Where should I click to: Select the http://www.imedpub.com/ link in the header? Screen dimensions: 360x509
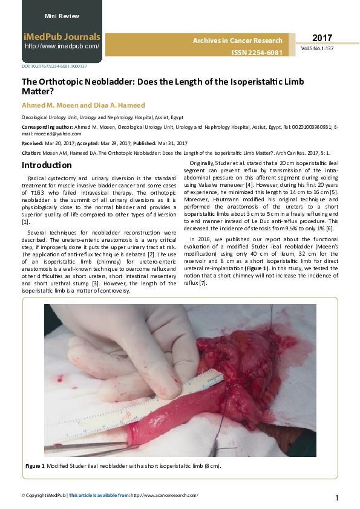coord(62,46)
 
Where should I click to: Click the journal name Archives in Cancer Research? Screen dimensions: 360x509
coord(237,41)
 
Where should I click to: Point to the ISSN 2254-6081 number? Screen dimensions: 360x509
coord(257,53)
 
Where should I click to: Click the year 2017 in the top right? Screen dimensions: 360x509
coord(322,38)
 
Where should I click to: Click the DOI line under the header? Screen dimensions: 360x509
coord(54,66)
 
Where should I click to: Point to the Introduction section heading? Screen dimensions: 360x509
coord(47,165)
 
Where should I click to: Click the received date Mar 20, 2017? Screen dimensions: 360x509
coord(56,143)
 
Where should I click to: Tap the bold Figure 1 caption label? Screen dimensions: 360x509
coord(35,466)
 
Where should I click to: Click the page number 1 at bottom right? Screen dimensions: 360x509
coord(337,498)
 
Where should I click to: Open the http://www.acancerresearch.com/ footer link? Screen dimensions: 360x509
coord(164,495)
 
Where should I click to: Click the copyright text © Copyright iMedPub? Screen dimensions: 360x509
coord(43,495)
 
